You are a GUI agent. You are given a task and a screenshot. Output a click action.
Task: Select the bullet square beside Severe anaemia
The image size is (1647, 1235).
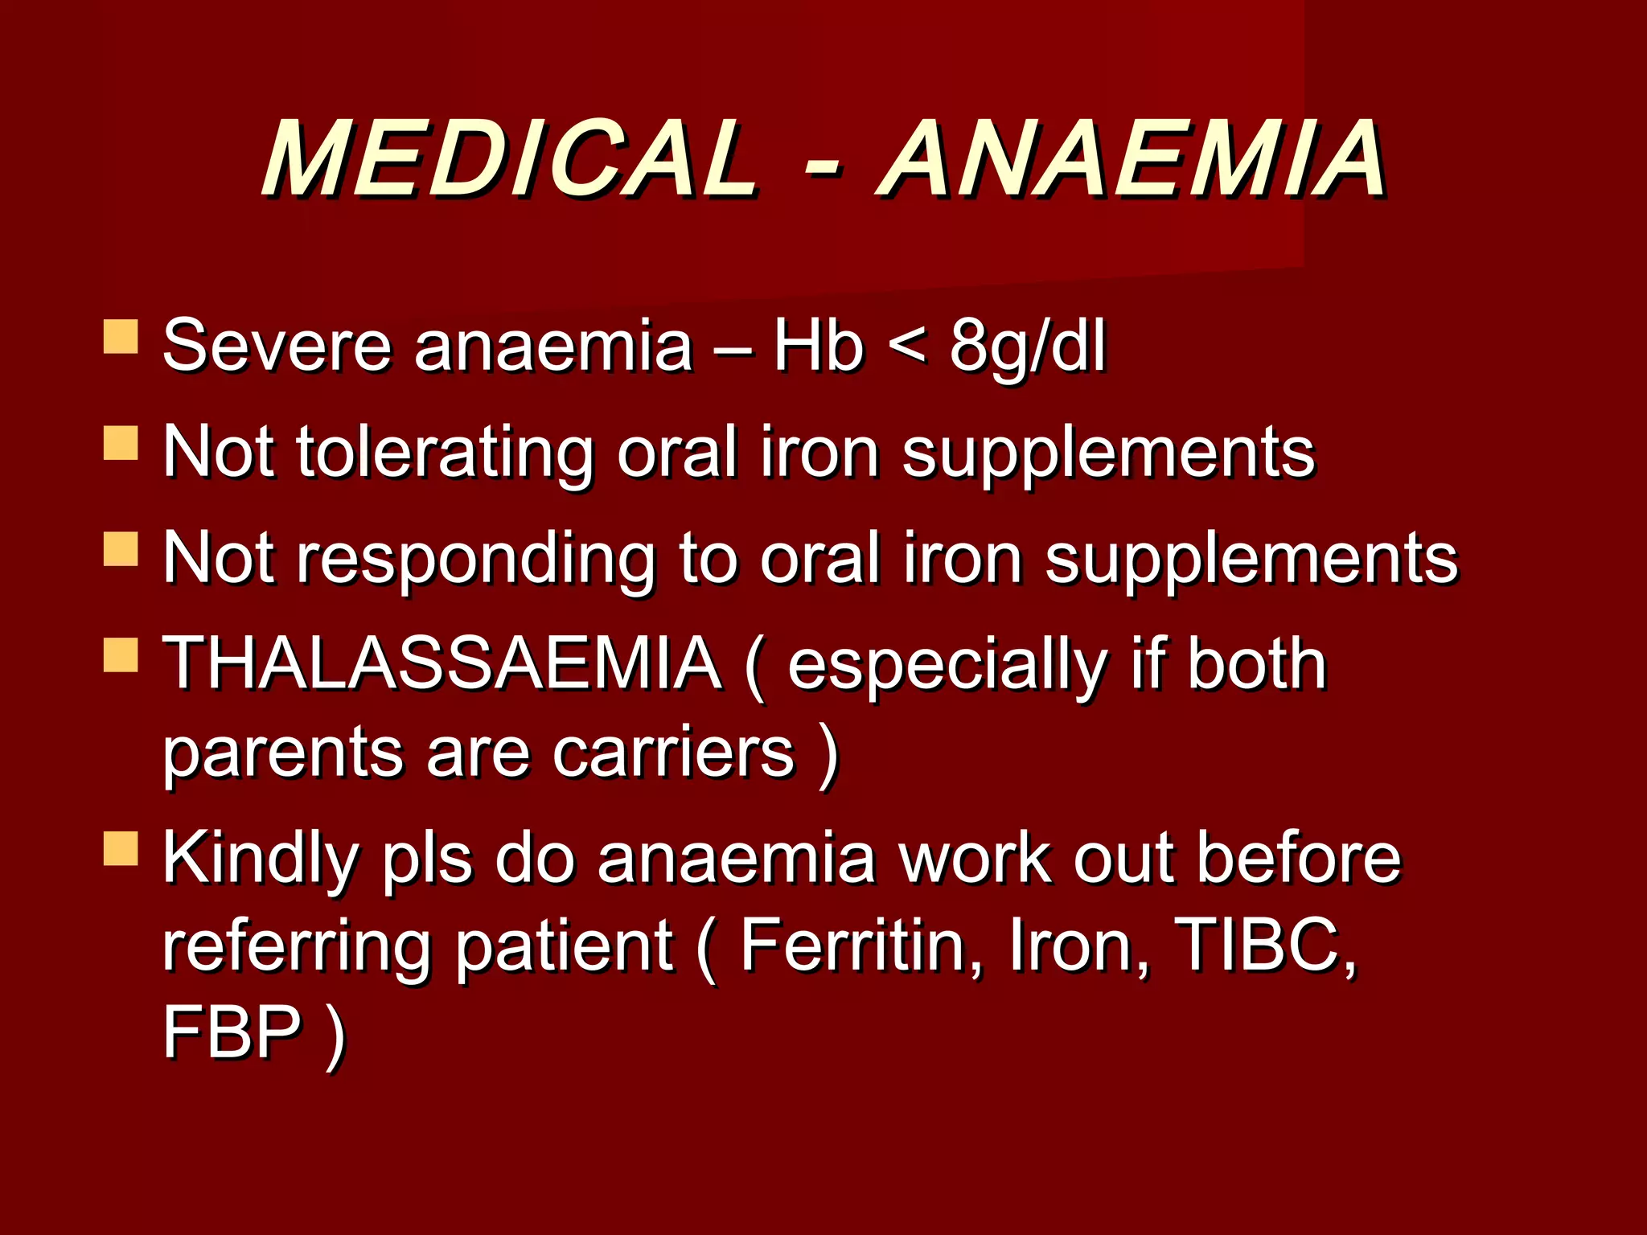click(121, 337)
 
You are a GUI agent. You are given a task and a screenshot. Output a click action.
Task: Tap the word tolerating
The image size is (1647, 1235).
click(444, 453)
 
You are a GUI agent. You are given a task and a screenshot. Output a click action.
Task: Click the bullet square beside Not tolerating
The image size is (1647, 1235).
click(121, 443)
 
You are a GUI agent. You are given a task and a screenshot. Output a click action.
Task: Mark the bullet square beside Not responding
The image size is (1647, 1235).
click(121, 549)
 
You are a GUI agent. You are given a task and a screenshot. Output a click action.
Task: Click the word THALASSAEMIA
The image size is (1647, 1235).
click(442, 663)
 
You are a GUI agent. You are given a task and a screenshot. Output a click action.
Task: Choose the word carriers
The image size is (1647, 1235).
click(674, 753)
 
